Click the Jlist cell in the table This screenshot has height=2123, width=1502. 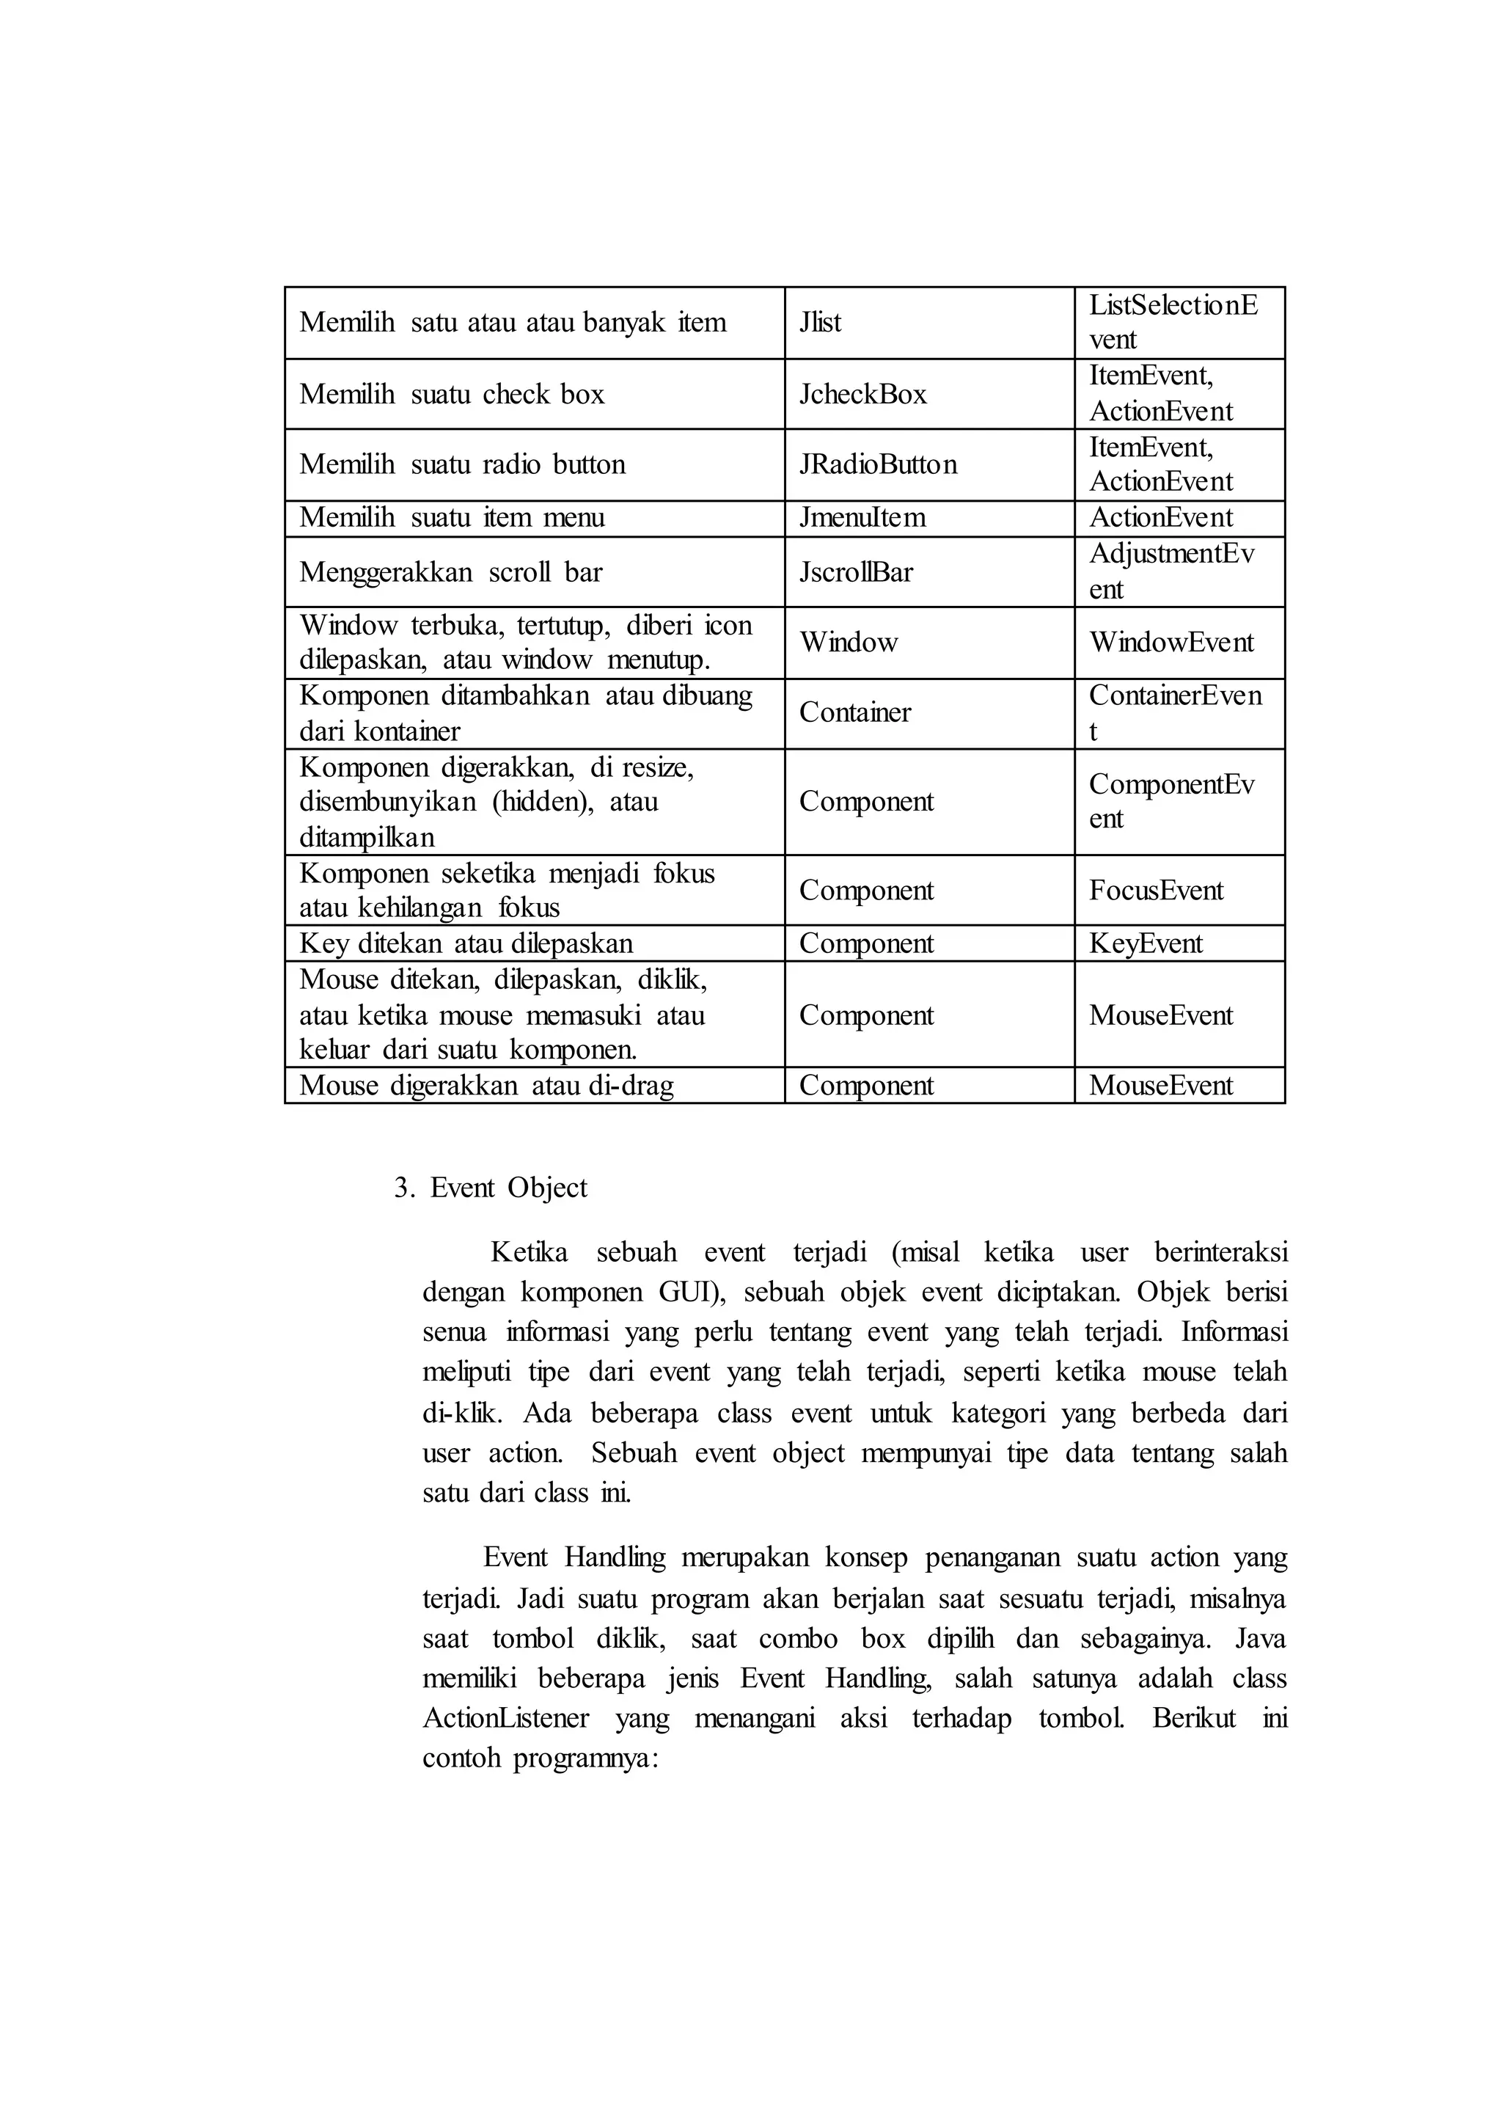pos(821,322)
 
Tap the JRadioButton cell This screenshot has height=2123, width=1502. pos(878,464)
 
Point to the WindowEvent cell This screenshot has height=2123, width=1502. pos(1171,643)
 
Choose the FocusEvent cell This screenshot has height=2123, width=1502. pos(1155,891)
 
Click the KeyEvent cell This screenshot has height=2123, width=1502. pos(1145,943)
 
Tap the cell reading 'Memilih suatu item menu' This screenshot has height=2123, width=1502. pos(453,518)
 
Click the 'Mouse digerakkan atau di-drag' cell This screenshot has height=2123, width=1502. pos(486,1086)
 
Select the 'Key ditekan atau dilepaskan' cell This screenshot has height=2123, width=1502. pos(466,943)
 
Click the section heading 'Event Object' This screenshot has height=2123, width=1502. pos(509,1188)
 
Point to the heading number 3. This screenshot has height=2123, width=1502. pos(403,1188)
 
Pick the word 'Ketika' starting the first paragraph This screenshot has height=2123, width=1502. pos(529,1252)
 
